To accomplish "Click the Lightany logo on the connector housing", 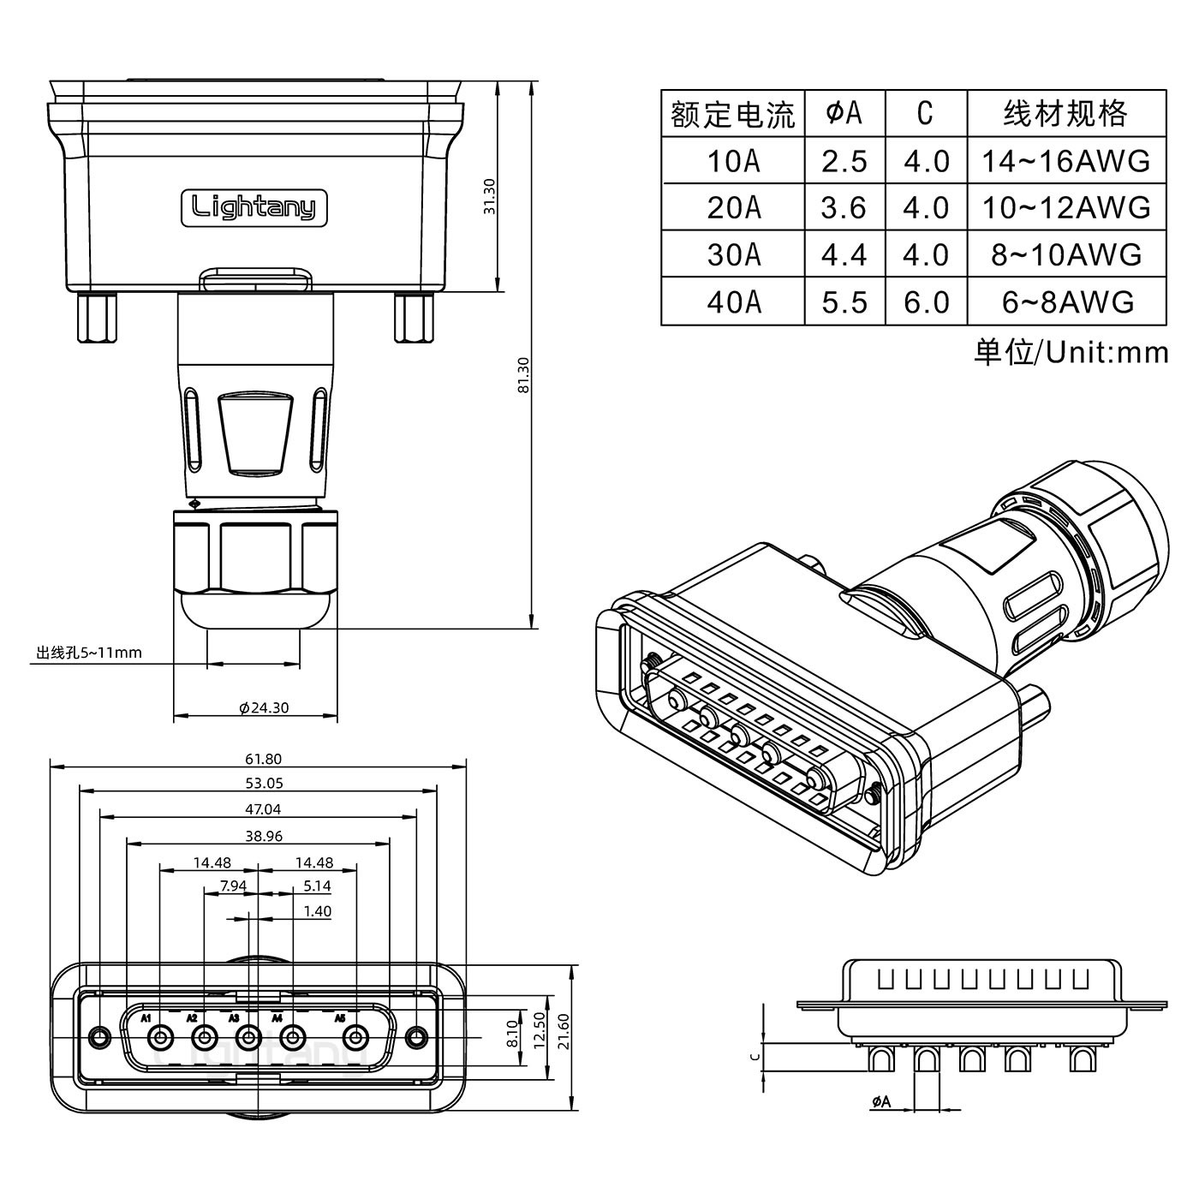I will pyautogui.click(x=254, y=207).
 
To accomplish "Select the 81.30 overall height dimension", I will pyautogui.click(x=523, y=375).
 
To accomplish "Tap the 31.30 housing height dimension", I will pyautogui.click(x=489, y=196).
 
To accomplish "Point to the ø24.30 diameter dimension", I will pyautogui.click(x=264, y=707).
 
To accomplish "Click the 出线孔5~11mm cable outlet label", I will pyautogui.click(x=88, y=653).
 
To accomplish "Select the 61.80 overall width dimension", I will pyautogui.click(x=263, y=759).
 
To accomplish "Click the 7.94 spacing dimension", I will pyautogui.click(x=233, y=886).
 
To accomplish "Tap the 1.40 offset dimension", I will pyautogui.click(x=317, y=911).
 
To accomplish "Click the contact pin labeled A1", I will pyautogui.click(x=158, y=1040).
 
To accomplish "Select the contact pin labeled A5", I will pyautogui.click(x=355, y=1040).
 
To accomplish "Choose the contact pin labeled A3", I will pyautogui.click(x=248, y=1040).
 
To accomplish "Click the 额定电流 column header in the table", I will pyautogui.click(x=733, y=114).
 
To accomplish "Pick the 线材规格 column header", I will pyautogui.click(x=1065, y=114).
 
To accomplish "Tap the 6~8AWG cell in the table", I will pyautogui.click(x=1067, y=301).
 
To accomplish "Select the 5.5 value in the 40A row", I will pyautogui.click(x=844, y=301).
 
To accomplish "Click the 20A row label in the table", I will pyautogui.click(x=733, y=208).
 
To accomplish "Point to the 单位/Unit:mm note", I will pyautogui.click(x=1071, y=352).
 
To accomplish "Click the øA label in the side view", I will pyautogui.click(x=881, y=1102).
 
